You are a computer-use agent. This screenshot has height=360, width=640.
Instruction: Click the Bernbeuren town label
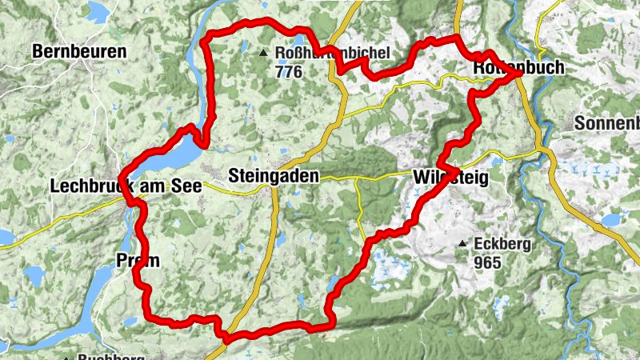tap(79, 52)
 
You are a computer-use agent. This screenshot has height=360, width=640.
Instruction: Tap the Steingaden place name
tap(273, 175)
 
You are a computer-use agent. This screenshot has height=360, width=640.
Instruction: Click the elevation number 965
tap(486, 262)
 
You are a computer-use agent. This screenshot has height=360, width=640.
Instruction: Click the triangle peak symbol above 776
tap(263, 54)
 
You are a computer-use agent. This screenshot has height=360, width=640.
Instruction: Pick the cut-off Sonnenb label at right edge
tap(608, 124)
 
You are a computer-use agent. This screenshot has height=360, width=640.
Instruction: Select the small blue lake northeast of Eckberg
tap(614, 218)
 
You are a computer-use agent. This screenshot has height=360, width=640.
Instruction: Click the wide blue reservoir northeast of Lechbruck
tap(172, 152)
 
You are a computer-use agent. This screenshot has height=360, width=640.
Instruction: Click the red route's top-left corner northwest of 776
tap(208, 38)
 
